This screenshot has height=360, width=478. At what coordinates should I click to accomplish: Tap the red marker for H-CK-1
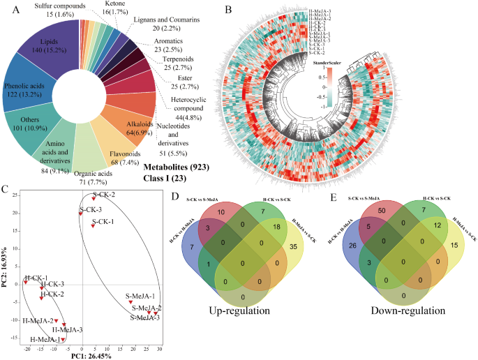coord(26,283)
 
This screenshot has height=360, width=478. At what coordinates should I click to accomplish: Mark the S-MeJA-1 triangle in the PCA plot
coord(130,302)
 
